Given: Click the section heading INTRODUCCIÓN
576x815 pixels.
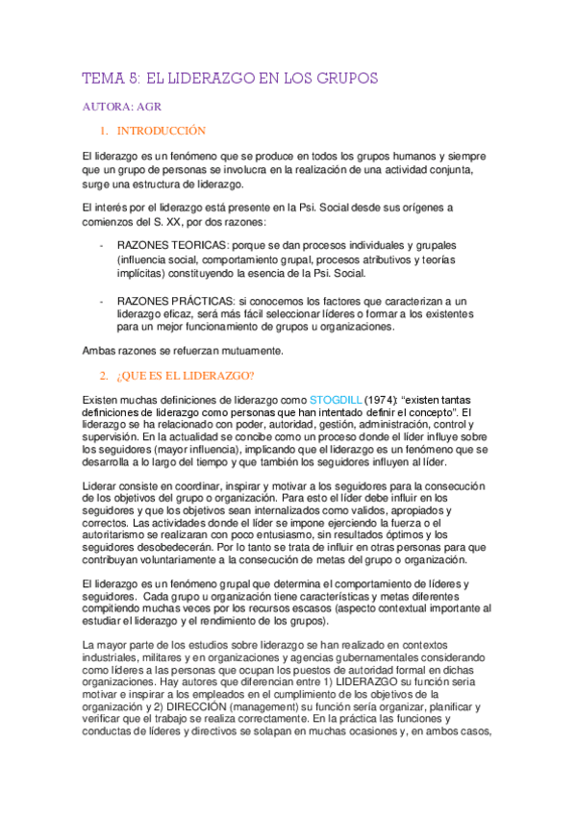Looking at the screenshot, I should click(x=162, y=131).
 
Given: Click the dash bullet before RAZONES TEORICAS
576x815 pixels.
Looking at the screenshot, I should click(x=102, y=245).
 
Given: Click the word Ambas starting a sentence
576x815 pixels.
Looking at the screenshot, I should click(x=102, y=352).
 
